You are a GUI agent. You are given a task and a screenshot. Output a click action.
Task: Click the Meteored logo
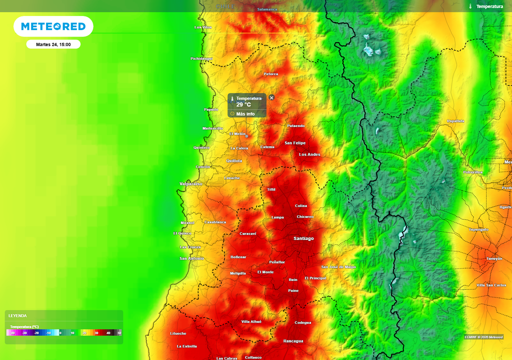click(53, 26)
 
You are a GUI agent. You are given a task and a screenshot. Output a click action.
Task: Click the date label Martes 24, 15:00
click(53, 44)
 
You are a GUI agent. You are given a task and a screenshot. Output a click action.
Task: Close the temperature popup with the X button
click(271, 97)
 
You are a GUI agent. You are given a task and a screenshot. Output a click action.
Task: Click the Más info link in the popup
click(245, 114)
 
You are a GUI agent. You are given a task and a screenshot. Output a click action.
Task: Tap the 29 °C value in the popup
click(243, 105)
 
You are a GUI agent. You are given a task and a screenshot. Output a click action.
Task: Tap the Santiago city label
click(303, 238)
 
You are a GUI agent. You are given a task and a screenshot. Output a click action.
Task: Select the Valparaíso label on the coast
click(191, 184)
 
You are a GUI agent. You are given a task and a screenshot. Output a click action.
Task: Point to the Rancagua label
click(293, 341)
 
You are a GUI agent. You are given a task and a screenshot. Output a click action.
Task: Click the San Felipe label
click(295, 143)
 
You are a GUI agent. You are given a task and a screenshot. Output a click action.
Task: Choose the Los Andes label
click(309, 154)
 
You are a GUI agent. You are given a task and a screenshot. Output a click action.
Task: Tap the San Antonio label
click(191, 258)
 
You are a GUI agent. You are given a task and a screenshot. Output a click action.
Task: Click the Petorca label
click(271, 74)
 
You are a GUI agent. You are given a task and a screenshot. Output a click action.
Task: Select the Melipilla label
click(238, 273)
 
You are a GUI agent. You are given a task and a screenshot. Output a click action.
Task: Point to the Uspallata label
click(455, 121)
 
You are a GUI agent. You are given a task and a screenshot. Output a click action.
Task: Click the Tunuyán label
click(494, 258)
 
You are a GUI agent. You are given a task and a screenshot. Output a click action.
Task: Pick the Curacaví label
click(248, 233)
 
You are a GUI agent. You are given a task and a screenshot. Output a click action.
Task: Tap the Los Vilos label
click(203, 27)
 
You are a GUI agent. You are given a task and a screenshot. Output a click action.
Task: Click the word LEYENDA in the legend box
click(17, 315)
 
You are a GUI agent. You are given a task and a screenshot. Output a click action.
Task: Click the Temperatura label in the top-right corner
click(489, 6)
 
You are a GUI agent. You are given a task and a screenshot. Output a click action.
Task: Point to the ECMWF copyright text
click(483, 336)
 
